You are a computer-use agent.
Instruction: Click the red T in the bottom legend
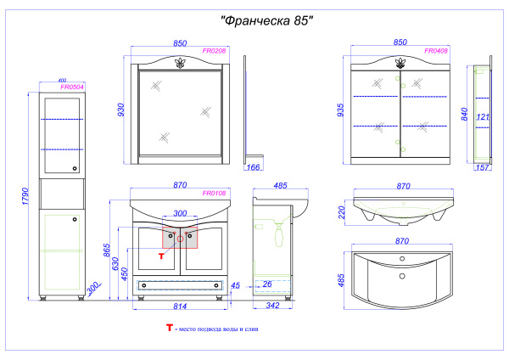pyautogui.click(x=169, y=328)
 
